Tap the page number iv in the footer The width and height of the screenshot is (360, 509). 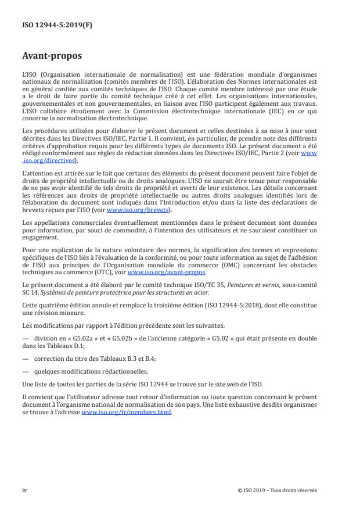[x=24, y=490]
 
